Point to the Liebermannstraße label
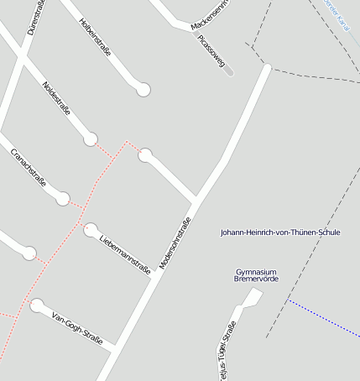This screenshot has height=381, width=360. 124,254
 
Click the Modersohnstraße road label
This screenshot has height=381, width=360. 175,244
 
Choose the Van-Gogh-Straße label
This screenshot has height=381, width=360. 76,327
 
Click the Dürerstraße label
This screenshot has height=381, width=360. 36,17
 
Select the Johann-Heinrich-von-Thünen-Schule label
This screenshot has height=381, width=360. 279,232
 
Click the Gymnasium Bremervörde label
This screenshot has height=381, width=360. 257,274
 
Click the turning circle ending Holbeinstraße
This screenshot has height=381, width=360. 143,89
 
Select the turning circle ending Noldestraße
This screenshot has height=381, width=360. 91,139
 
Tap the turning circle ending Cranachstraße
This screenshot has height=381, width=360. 63,199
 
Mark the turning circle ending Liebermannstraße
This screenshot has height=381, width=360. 91,229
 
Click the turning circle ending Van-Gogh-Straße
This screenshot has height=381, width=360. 36,305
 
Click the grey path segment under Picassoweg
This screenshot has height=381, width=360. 229,70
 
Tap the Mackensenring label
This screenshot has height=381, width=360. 209,15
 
